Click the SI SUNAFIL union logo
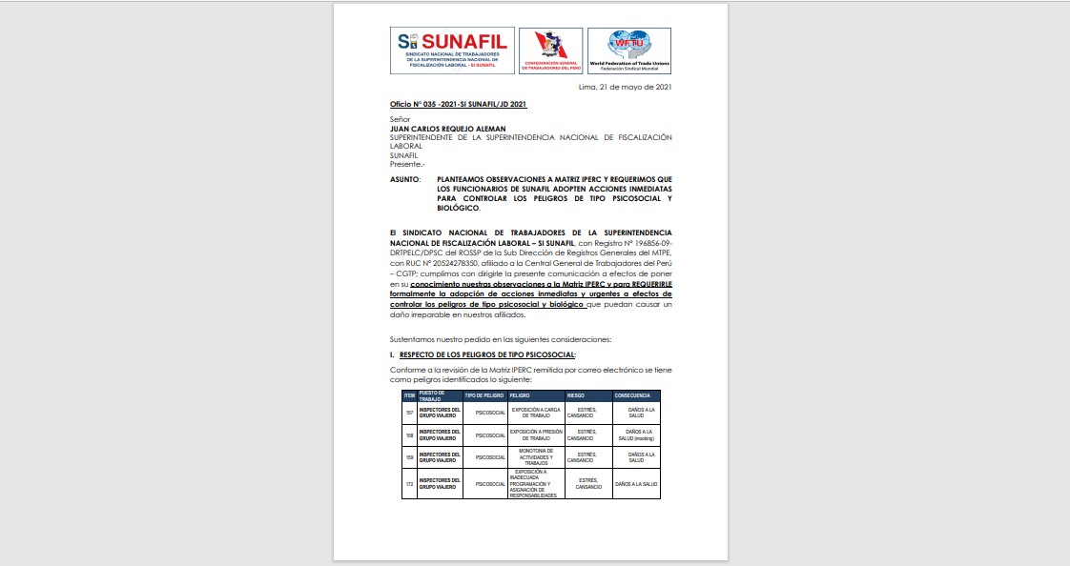pos(452,51)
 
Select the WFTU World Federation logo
pos(628,51)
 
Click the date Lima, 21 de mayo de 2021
pos(626,87)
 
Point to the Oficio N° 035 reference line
pos(459,103)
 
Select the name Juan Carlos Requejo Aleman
pos(447,129)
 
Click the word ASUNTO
pos(405,179)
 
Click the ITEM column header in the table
pos(409,394)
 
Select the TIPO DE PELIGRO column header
pos(484,394)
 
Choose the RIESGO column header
pos(576,394)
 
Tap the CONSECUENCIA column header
pos(633,394)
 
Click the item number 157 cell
pos(409,412)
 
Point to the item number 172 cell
pos(409,484)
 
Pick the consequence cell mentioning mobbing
pos(636,435)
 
